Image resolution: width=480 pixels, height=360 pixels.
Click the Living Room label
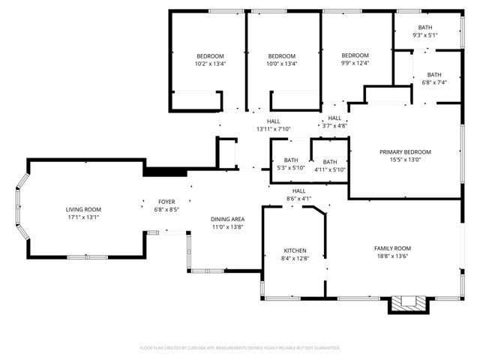pyautogui.click(x=83, y=209)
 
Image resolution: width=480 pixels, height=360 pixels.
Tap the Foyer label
pyautogui.click(x=166, y=202)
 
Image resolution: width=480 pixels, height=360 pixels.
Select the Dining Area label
pyautogui.click(x=226, y=218)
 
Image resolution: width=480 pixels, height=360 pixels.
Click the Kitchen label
pyautogui.click(x=295, y=250)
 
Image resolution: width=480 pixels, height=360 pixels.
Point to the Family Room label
pyautogui.click(x=392, y=248)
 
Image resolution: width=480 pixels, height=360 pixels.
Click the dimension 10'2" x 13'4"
pyautogui.click(x=210, y=64)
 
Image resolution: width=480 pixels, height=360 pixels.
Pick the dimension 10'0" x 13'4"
pyautogui.click(x=282, y=64)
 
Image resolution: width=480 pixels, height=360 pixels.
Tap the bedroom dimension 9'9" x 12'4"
pyautogui.click(x=355, y=63)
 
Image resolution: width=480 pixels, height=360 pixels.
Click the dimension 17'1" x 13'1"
pyautogui.click(x=83, y=217)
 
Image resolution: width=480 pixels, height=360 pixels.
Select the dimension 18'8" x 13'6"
pyautogui.click(x=392, y=256)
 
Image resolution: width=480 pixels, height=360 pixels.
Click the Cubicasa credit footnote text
pyautogui.click(x=240, y=348)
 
